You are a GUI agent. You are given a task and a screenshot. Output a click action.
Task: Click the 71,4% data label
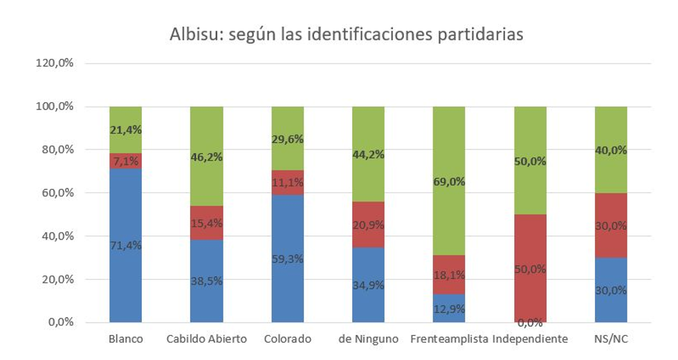click(x=125, y=245)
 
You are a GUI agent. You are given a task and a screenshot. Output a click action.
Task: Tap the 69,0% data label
click(x=449, y=182)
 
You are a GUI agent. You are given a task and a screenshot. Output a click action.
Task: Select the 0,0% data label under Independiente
click(x=530, y=322)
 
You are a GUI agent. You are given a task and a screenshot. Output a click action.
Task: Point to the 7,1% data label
click(x=125, y=161)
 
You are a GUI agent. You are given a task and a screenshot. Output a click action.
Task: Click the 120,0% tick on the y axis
click(x=56, y=64)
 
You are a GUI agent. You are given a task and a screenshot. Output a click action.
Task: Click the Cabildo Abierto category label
click(x=206, y=340)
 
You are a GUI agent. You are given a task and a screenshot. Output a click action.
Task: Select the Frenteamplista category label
click(x=449, y=340)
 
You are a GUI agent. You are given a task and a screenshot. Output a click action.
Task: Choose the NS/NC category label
click(x=611, y=340)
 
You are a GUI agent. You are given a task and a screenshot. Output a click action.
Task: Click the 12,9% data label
click(x=449, y=309)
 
